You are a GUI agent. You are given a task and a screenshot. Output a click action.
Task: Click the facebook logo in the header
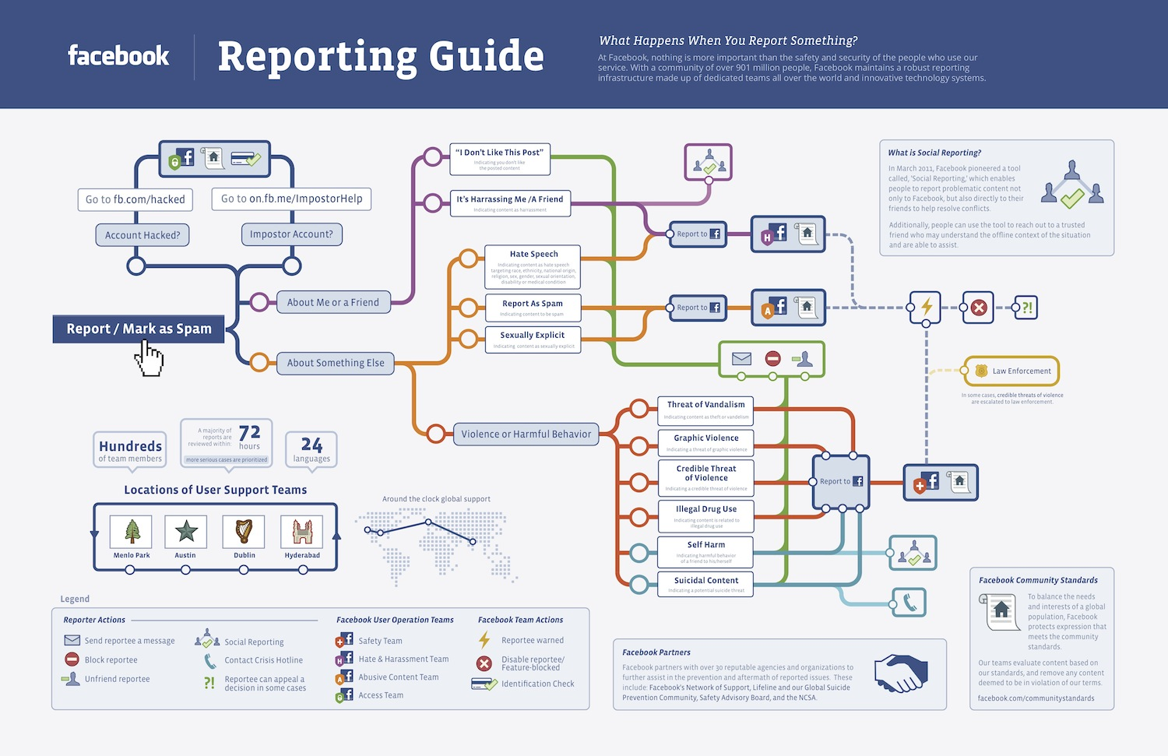click(x=118, y=56)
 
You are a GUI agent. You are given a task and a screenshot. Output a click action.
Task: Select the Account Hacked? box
click(x=142, y=235)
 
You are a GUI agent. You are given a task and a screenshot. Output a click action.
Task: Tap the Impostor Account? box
click(x=291, y=234)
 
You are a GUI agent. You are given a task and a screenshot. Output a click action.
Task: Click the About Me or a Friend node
click(x=333, y=302)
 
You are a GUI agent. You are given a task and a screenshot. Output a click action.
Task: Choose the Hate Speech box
click(x=533, y=266)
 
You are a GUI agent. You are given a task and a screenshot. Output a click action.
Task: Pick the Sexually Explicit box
click(x=533, y=339)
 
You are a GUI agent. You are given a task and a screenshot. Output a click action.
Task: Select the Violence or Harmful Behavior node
click(x=526, y=434)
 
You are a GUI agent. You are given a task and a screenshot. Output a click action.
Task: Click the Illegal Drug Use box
click(x=706, y=515)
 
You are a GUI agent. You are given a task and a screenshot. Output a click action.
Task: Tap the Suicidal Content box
click(x=706, y=585)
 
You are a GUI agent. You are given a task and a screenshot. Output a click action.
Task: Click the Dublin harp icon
click(x=244, y=531)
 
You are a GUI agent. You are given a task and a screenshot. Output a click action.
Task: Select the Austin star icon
click(x=186, y=531)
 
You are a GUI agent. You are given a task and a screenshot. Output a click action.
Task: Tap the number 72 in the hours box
click(x=249, y=433)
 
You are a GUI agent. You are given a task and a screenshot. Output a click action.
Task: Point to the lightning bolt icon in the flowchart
click(x=926, y=308)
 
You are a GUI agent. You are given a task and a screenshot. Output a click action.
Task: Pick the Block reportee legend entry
click(x=111, y=660)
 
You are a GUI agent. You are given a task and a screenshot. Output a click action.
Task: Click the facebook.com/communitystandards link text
click(x=1036, y=698)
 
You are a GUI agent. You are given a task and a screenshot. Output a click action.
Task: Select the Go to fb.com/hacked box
click(x=135, y=199)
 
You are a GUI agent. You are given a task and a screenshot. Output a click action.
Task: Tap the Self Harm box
click(x=706, y=550)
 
